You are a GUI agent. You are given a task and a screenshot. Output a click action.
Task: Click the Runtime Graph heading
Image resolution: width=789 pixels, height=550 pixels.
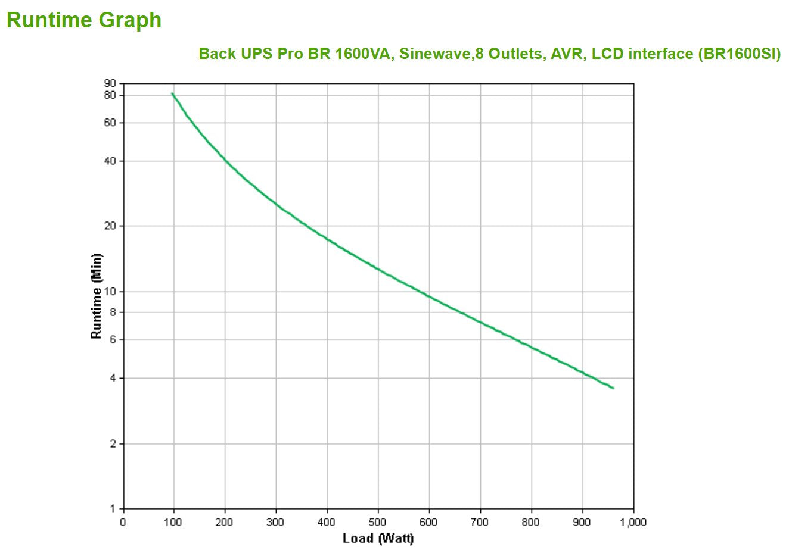(83, 20)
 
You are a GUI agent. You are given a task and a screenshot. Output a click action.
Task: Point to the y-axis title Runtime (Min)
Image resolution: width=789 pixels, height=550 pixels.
(97, 296)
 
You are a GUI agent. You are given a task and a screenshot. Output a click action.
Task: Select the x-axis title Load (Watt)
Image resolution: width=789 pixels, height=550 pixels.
(378, 539)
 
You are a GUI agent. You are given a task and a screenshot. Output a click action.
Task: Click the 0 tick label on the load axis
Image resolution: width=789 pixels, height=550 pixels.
(123, 523)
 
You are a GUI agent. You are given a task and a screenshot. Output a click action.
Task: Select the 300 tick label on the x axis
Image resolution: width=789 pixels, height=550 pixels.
(276, 523)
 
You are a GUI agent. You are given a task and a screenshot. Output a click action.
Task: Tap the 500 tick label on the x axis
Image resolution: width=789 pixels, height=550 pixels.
(378, 523)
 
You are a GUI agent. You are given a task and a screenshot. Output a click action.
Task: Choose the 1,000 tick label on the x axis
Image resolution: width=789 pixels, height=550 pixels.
(633, 523)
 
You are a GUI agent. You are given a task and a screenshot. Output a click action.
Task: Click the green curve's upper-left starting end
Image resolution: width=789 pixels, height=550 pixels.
(173, 93)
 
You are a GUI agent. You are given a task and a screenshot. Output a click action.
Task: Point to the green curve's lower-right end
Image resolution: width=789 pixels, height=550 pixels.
(613, 388)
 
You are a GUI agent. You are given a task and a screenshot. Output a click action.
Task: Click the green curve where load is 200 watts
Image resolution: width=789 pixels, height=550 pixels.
(225, 160)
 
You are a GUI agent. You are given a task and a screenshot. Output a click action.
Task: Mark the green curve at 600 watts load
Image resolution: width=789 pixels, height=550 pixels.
(429, 296)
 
